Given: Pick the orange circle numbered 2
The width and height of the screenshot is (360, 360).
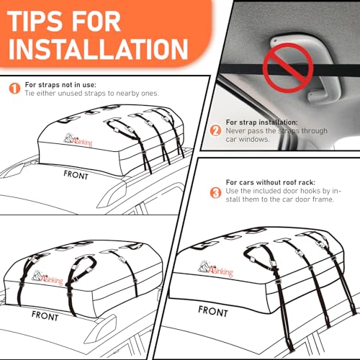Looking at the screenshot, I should click(x=214, y=130).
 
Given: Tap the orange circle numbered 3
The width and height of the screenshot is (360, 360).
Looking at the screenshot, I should click(x=215, y=193).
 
